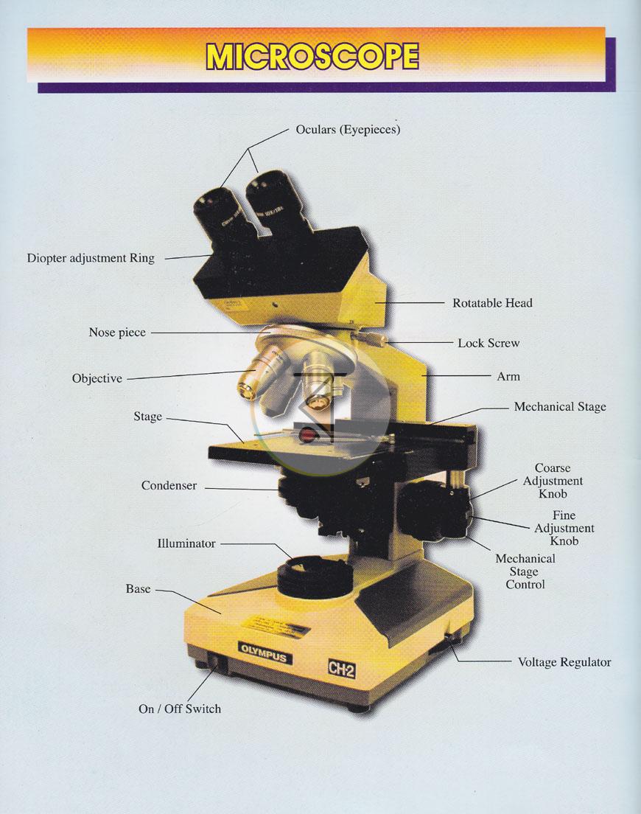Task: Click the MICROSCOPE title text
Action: coord(312,56)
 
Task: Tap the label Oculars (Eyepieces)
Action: coord(348,129)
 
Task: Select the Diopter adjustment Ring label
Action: coord(91,258)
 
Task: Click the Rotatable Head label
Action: coord(492,302)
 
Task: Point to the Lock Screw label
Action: coord(488,343)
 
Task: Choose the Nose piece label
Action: coord(117,333)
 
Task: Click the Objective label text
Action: coord(97,378)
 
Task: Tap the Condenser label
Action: coord(169,485)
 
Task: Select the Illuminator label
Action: coord(186,543)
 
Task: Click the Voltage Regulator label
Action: coord(564,662)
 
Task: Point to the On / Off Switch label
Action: coord(180,709)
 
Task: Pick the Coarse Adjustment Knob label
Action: coord(553,481)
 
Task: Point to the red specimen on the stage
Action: coord(308,435)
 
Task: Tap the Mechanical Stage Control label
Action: coord(525,571)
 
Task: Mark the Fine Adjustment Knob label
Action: coord(564,528)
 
